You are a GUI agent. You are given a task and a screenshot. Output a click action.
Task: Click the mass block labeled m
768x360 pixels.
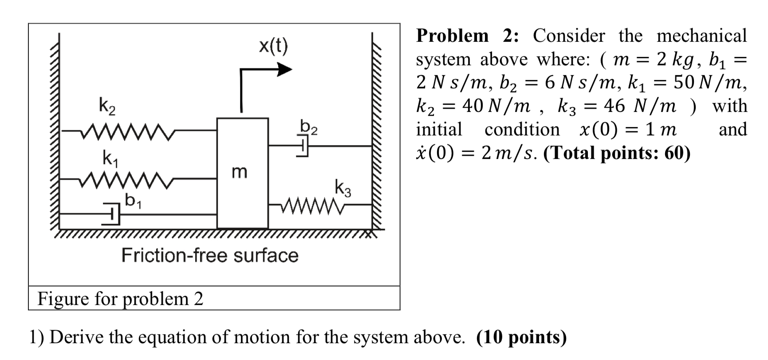point(242,173)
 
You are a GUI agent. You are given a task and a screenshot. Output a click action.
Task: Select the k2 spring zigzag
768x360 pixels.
point(128,131)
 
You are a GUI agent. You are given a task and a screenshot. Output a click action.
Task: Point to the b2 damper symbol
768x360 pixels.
point(303,146)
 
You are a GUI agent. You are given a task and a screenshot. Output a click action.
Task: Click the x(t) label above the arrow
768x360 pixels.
point(273,45)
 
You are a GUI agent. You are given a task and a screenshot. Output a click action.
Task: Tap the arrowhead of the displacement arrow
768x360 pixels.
point(285,69)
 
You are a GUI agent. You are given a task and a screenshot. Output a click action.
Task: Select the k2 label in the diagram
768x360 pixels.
point(106,107)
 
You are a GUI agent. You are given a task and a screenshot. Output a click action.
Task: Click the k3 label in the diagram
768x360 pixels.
point(343,188)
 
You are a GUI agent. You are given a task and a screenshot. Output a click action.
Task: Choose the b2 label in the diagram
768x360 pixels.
point(309,127)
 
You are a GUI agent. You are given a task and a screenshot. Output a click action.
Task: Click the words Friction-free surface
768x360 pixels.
point(210,255)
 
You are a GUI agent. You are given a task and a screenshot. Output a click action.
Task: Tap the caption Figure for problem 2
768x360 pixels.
point(120,298)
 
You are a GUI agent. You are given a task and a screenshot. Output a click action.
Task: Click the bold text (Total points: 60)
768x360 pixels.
point(617,153)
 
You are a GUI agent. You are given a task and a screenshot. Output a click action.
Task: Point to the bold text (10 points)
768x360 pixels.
point(521,337)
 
